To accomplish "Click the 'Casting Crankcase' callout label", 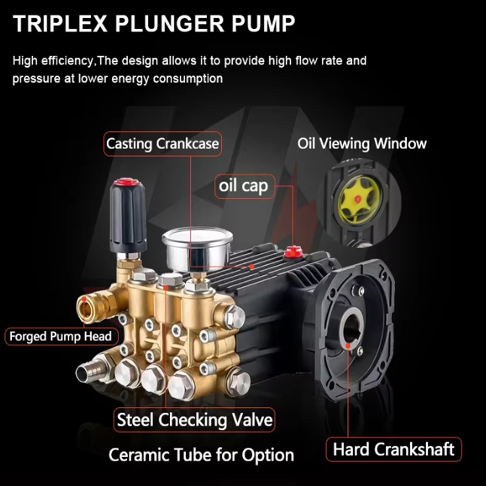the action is (x=162, y=144).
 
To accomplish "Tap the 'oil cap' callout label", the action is (x=245, y=186).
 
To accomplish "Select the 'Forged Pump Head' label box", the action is (x=61, y=337).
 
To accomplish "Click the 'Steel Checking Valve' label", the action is (x=194, y=420).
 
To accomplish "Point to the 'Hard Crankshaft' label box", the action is (x=394, y=449).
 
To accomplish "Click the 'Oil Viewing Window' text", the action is (x=361, y=143).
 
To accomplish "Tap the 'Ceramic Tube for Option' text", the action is (x=201, y=455).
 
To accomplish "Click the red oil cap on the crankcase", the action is (x=292, y=252).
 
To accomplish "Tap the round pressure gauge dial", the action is (x=197, y=248).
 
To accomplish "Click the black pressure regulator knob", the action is (x=128, y=216).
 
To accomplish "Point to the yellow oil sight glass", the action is (x=360, y=199).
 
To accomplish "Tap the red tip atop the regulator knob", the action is (x=125, y=182).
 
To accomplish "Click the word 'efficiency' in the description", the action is (x=67, y=61).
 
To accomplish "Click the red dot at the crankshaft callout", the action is (x=348, y=346).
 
